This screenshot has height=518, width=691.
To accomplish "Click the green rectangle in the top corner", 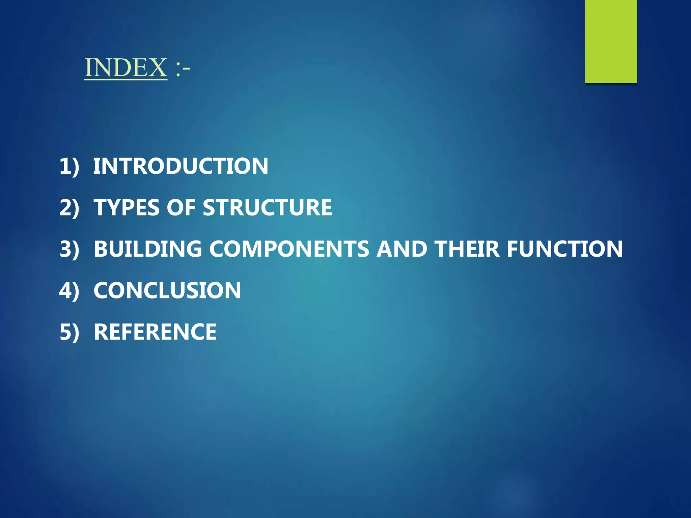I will [x=611, y=41].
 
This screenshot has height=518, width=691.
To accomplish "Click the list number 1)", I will [x=69, y=166].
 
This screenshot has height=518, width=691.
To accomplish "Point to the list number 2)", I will [x=69, y=207].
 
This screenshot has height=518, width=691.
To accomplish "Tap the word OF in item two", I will [x=181, y=207].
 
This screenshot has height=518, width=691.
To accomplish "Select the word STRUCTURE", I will [x=267, y=207].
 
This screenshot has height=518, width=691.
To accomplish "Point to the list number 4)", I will [x=69, y=290].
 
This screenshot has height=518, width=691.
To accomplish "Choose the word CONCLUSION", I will [x=167, y=290].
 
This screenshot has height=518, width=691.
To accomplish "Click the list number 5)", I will [x=69, y=332].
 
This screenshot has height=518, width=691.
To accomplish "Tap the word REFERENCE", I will [x=155, y=332].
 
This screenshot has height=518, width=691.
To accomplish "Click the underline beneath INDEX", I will [x=126, y=80].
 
